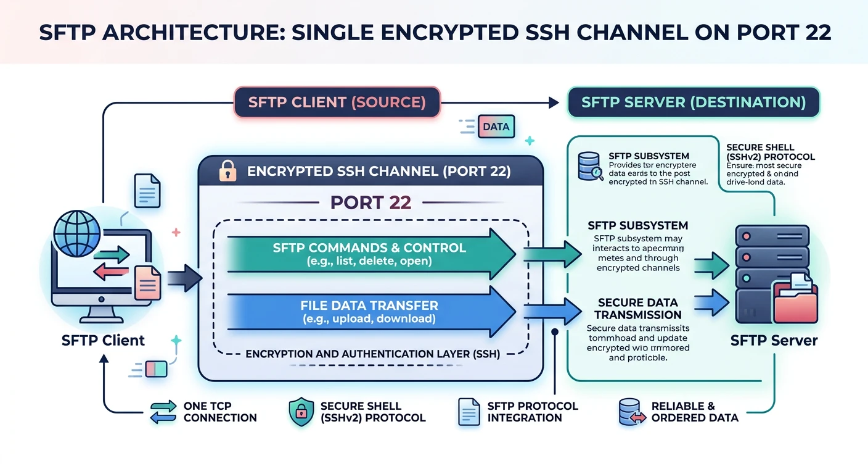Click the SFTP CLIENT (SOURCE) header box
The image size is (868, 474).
click(337, 102)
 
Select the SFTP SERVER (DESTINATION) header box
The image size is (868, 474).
click(694, 102)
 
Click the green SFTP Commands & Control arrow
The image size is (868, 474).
click(370, 253)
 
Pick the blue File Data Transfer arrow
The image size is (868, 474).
click(370, 312)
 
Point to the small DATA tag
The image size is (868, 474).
click(496, 127)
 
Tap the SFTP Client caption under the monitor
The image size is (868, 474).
click(103, 340)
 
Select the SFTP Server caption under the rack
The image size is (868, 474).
click(774, 340)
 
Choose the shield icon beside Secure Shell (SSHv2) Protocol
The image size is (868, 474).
click(300, 412)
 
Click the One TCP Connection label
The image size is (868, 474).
click(219, 412)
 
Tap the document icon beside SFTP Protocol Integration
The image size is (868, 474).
click(468, 412)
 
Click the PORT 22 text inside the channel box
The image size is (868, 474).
click(371, 202)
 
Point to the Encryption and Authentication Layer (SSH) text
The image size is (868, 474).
click(373, 354)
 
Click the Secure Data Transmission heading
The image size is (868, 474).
click(637, 309)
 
